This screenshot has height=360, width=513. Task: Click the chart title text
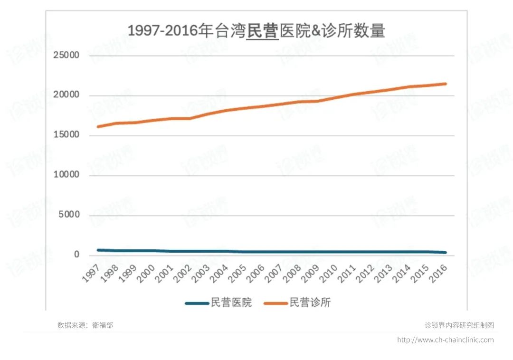(256, 31)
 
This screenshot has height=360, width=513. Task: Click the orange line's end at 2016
(445, 84)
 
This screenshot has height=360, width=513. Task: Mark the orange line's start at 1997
(98, 127)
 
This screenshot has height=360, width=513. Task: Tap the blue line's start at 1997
(98, 250)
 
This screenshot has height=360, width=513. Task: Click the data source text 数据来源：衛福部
(85, 325)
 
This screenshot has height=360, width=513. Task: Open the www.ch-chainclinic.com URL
(445, 340)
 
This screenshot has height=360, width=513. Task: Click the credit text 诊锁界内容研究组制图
(459, 325)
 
